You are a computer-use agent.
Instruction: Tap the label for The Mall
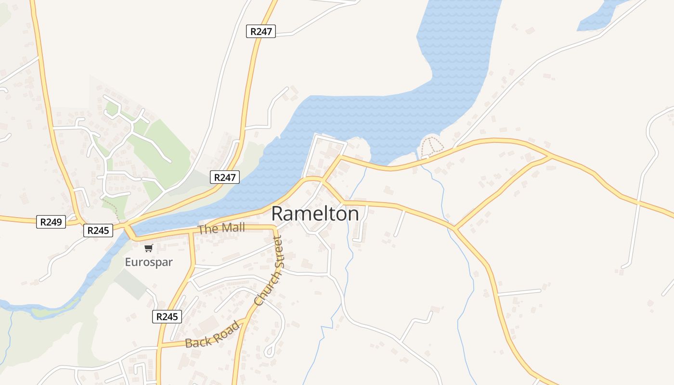coord(221,229)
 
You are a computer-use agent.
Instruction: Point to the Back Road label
coord(212,335)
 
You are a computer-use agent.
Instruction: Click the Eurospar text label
coord(149,262)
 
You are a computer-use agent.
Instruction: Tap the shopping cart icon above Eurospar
coord(149,248)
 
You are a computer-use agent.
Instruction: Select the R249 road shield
coord(51,222)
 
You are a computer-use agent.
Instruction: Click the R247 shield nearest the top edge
coord(261,32)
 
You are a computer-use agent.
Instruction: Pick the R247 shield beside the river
coord(225,177)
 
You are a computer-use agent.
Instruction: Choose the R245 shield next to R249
coord(98,231)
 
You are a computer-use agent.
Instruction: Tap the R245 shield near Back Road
coord(167,316)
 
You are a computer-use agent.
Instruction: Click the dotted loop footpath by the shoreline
coord(431,147)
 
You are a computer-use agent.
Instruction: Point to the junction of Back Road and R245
coord(160,345)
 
